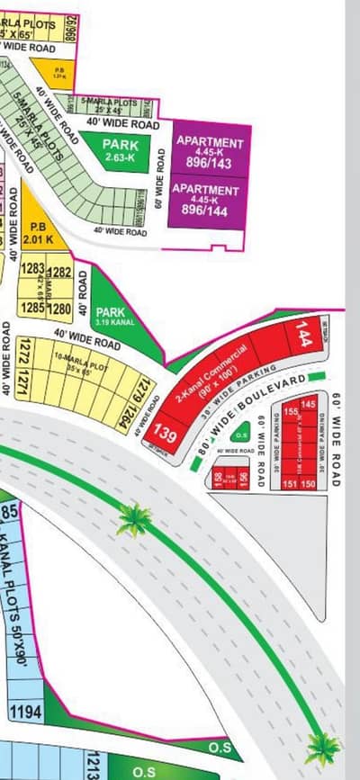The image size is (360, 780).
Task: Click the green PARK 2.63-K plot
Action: [x=119, y=148]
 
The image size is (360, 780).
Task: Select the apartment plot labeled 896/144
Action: [x=210, y=198]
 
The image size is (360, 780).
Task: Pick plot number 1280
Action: [x=59, y=309]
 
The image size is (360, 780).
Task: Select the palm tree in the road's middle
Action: [x=134, y=520]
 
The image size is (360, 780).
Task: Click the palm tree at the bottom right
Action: [x=320, y=746]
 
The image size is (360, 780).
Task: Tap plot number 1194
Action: [x=25, y=713]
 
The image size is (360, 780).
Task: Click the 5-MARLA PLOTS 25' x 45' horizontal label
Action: [x=112, y=103]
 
